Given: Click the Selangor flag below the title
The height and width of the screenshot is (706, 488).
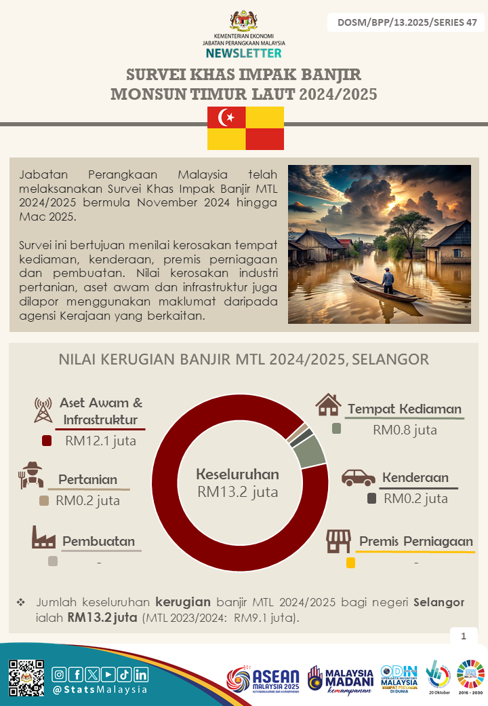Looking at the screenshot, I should pos(245,128).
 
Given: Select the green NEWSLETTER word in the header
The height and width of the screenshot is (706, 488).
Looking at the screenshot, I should pos(243,53).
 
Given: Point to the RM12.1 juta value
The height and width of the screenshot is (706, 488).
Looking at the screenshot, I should pos(101,441).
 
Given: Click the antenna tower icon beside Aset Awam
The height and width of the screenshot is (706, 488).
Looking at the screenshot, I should pos(43,409).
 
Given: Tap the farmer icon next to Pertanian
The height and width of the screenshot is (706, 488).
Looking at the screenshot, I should pos(31,476).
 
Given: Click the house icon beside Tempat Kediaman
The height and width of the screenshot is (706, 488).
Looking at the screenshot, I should pos(328,405).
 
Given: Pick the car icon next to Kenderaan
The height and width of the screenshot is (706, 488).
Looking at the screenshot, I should pos(358,477).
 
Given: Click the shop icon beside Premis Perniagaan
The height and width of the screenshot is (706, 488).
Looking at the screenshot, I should pos(338,541).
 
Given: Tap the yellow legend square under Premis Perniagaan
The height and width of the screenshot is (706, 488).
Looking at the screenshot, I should pos(350,563).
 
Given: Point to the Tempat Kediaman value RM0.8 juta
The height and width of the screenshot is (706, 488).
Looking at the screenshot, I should pos(405,430).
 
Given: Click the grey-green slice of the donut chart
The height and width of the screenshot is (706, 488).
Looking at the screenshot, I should pos(310,451).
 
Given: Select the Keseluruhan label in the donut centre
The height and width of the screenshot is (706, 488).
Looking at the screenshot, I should pos(237,475).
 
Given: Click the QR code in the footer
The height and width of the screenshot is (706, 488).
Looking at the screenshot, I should pos(26,677).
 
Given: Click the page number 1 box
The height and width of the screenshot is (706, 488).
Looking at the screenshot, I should pos(464,636).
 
